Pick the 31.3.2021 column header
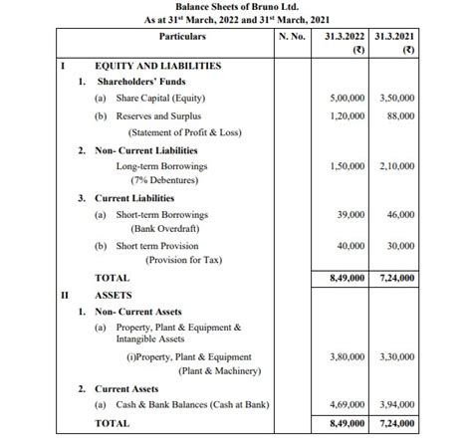coord(394,37)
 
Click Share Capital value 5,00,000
coord(345,100)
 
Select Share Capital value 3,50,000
coord(395,100)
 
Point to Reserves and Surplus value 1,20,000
coord(345,116)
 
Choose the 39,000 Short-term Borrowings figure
coord(350,214)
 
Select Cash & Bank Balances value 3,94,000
coord(395,405)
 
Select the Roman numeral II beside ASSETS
coord(65,295)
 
